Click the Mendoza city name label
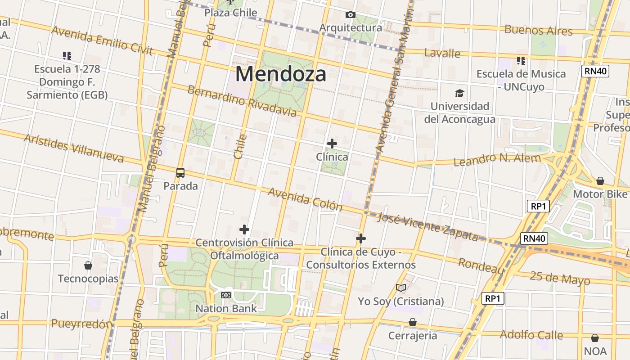[x=280, y=74]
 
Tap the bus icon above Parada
[x=180, y=172]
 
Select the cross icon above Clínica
[x=332, y=144]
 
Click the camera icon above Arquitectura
[x=350, y=15]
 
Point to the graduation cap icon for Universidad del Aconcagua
[x=459, y=93]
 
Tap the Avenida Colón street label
[x=305, y=199]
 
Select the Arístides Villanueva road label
[x=74, y=148]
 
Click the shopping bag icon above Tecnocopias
[x=88, y=265]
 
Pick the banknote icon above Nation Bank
[x=226, y=295]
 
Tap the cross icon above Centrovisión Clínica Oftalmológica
[x=244, y=229]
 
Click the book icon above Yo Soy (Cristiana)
[x=401, y=288]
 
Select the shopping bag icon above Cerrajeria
[x=413, y=322]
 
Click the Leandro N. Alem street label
[x=497, y=159]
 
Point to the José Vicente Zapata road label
[x=427, y=226]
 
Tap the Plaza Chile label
[x=231, y=13]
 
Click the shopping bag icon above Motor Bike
[x=600, y=181]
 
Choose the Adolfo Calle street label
[x=531, y=335]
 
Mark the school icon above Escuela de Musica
[x=521, y=60]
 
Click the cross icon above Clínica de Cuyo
[x=361, y=238]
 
